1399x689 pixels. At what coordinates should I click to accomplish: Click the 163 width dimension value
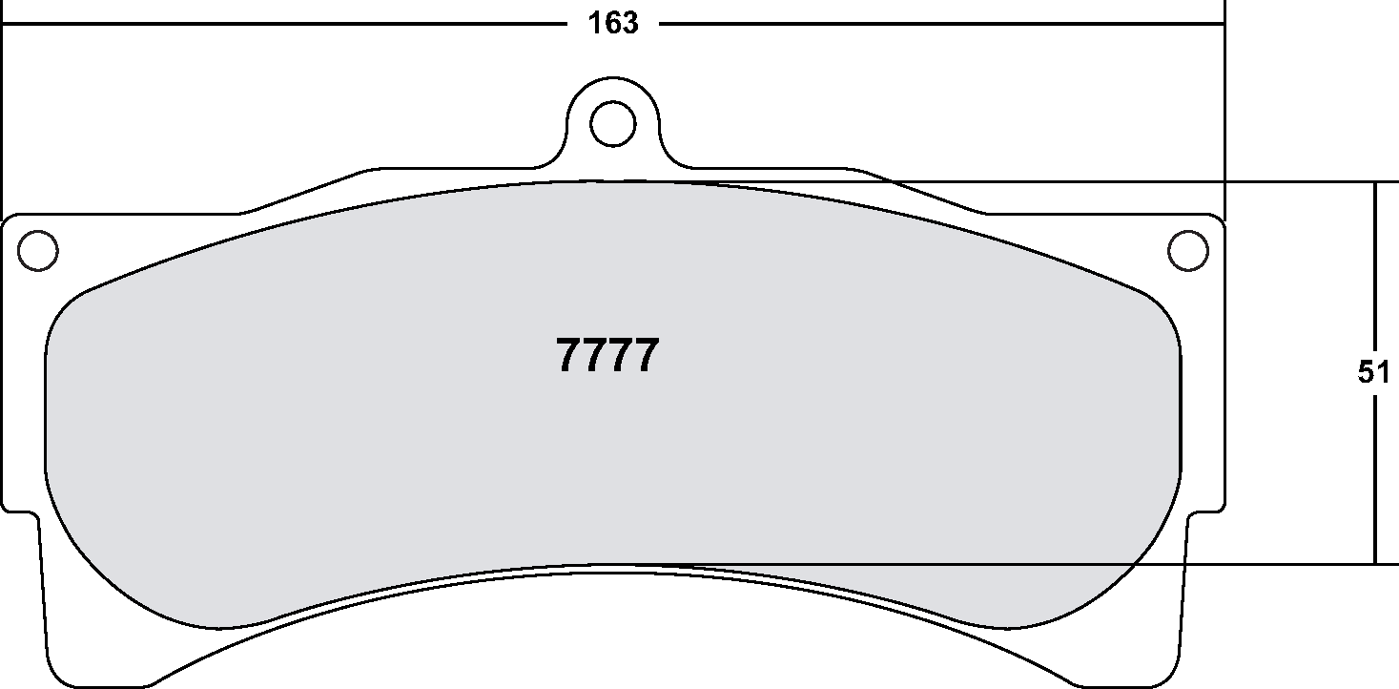pos(613,23)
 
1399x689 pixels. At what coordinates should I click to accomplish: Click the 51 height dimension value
pos(1374,373)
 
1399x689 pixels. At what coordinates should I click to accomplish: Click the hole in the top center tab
pos(612,122)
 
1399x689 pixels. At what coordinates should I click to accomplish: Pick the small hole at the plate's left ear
pos(38,250)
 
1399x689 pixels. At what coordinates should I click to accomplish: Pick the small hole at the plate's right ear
pos(1187,250)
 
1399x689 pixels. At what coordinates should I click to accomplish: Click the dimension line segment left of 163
pos(286,23)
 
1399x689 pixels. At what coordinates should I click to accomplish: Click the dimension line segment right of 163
pos(935,23)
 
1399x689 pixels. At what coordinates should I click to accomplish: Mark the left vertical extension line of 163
pos(3,115)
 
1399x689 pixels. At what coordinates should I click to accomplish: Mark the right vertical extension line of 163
pos(1224,115)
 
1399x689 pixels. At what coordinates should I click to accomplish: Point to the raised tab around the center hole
pos(612,95)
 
